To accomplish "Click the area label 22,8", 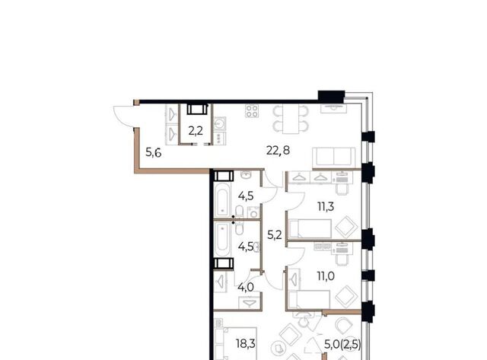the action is point(278,151).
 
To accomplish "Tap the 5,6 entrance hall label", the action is point(154,153).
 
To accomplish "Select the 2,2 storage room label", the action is point(196,131).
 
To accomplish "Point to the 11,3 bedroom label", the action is point(326,206).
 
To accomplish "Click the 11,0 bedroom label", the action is point(326,276).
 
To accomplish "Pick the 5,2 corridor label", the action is point(275,235).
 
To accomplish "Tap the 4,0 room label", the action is point(246,288).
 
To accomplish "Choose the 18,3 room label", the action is point(246,343).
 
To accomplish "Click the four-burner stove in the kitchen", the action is point(252,111).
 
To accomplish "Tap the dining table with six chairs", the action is point(291,119).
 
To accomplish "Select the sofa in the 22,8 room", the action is point(334,158).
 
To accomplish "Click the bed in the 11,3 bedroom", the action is point(310,228).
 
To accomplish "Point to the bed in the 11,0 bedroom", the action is point(309,299).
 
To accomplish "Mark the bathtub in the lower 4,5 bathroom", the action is point(223,238).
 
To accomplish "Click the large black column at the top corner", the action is point(332,97).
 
